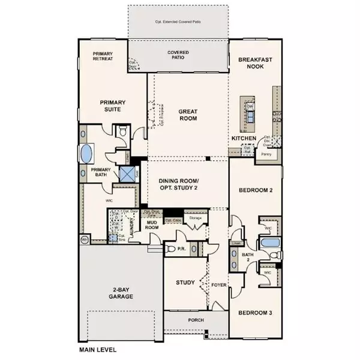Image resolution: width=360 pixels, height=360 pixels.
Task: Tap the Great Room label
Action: (x=189, y=115)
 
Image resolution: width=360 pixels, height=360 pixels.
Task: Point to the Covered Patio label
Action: (x=178, y=56)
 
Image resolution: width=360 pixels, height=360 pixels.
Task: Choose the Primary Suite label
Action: (x=111, y=106)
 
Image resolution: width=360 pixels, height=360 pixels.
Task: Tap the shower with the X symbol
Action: (x=128, y=175)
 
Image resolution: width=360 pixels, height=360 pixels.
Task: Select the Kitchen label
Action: (x=244, y=139)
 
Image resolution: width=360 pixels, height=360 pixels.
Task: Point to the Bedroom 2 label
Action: (x=256, y=190)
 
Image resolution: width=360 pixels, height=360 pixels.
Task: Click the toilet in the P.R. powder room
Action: (x=170, y=248)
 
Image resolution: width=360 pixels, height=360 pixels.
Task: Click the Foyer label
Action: (x=218, y=285)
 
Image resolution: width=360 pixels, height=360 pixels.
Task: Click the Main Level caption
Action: (x=98, y=349)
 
